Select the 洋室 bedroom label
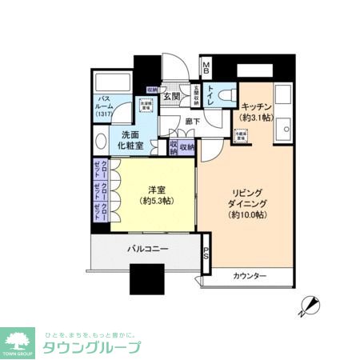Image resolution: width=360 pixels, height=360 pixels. [157, 190]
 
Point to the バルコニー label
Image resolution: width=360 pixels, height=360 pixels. [147, 250]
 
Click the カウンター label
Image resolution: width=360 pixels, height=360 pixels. [250, 277]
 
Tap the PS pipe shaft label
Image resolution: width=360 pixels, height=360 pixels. [206, 254]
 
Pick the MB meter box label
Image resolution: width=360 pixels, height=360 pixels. [206, 69]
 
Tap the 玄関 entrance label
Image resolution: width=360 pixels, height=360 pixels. [171, 97]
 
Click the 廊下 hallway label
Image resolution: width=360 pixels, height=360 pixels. [193, 122]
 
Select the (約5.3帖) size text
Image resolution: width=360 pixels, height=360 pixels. [157, 202]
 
